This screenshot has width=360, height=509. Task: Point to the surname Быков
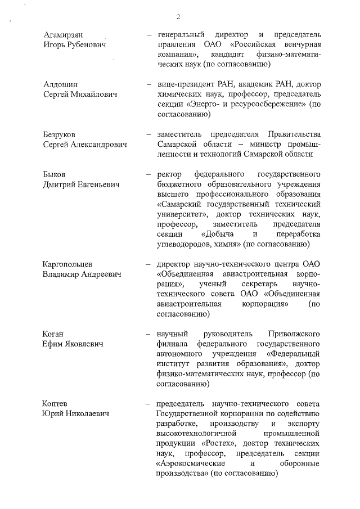click(55, 174)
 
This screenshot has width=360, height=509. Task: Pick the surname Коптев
click(56, 404)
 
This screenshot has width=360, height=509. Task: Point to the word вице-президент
click(186, 84)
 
